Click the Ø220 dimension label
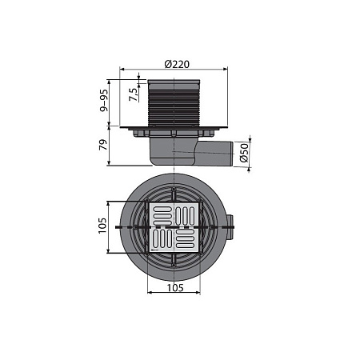tap(177, 64)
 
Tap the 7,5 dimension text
tap(134, 94)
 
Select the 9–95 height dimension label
tap(104, 101)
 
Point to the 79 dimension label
tap(103, 145)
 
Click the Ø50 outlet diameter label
tap(244, 152)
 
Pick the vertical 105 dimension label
tap(102, 226)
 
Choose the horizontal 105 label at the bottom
tap(175, 288)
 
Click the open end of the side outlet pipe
tap(232, 154)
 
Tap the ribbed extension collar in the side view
tap(174, 104)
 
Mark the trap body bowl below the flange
tap(174, 152)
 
